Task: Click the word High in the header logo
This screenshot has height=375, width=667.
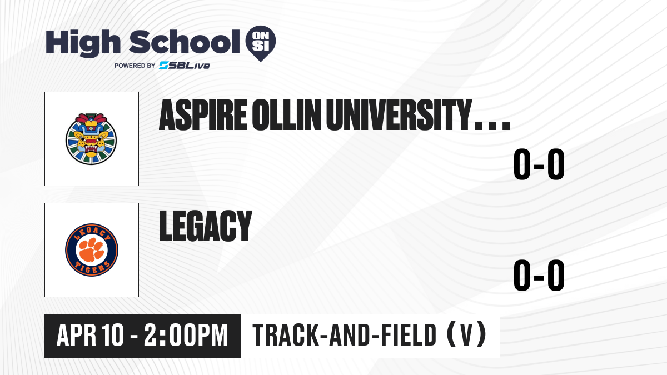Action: point(83,43)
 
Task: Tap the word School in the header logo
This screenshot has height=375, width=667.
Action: point(185,42)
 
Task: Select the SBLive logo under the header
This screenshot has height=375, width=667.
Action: point(185,66)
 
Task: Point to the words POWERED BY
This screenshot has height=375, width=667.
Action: point(135,66)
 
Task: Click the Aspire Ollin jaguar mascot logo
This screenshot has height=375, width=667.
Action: point(91,139)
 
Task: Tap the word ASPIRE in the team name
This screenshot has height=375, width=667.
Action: point(203,115)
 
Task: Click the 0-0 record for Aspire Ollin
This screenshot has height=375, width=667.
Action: point(539,164)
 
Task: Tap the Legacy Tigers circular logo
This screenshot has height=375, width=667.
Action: point(92,250)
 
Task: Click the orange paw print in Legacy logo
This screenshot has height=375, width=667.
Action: point(92,249)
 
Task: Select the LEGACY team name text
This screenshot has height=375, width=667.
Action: point(206,226)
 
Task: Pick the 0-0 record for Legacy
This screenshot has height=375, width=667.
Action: point(539,276)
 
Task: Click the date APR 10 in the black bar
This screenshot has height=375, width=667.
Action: point(90,335)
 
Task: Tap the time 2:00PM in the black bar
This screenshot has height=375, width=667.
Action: point(186,335)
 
